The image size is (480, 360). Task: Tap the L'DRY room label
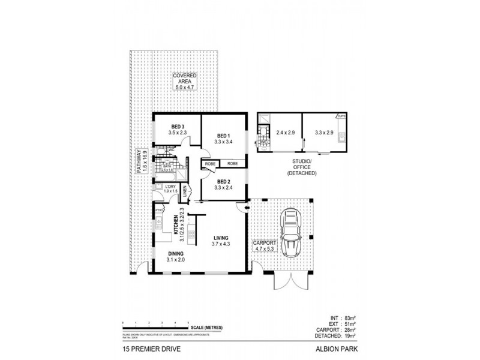(x=171, y=187)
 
